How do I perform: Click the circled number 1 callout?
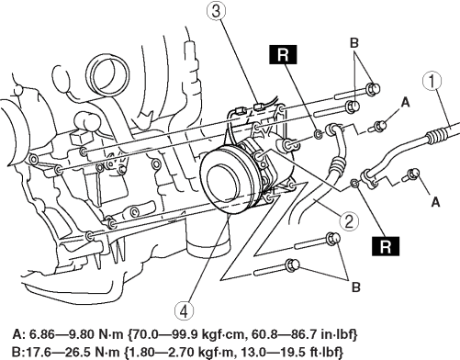(x=432, y=81)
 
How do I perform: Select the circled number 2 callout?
(x=349, y=221)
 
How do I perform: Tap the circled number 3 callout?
(x=216, y=12)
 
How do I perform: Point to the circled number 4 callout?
(x=185, y=311)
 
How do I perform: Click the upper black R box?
(x=283, y=55)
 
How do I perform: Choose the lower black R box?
(x=386, y=246)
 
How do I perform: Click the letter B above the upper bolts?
(x=354, y=43)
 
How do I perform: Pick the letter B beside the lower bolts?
(x=356, y=287)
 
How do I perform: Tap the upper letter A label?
(x=405, y=102)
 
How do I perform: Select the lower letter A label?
(x=435, y=202)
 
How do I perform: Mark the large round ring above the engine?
(x=108, y=75)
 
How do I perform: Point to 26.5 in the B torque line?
(x=71, y=351)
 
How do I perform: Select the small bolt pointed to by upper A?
(x=378, y=127)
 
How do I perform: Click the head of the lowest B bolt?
(x=292, y=265)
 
